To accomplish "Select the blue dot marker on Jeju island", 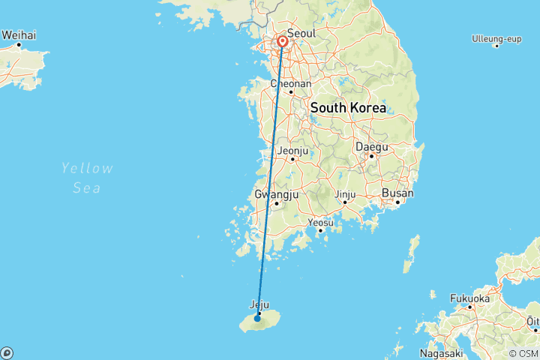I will click(x=257, y=318).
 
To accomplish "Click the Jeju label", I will click(x=258, y=304).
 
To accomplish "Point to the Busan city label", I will click(x=397, y=193).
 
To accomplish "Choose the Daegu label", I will click(x=371, y=146).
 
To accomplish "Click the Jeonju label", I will click(x=292, y=151).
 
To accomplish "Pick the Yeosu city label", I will click(x=321, y=222).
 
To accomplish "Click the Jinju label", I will click(x=345, y=194).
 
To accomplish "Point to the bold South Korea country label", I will click(x=348, y=108).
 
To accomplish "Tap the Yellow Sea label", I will click(x=87, y=178).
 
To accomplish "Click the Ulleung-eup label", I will click(x=496, y=38).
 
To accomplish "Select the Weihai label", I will click(x=19, y=34).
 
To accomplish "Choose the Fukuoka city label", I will click(x=469, y=298).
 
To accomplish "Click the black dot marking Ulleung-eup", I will click(x=496, y=46).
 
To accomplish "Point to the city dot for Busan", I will click(x=397, y=202).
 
